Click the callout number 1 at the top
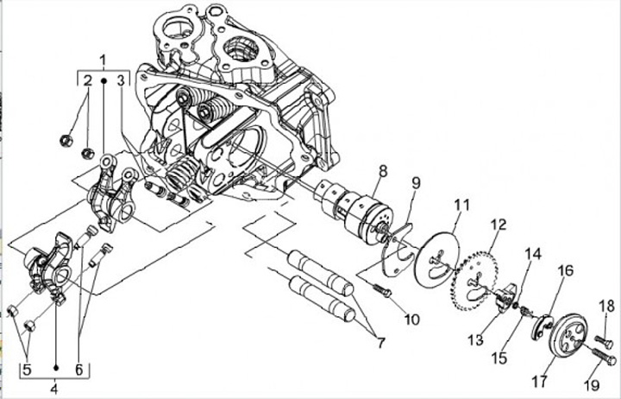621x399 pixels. click(x=103, y=60)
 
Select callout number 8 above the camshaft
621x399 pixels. click(x=382, y=171)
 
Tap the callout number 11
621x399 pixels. click(x=462, y=206)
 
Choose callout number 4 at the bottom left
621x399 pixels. click(x=54, y=388)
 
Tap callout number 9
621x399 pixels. click(x=416, y=182)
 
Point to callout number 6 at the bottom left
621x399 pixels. click(x=80, y=370)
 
